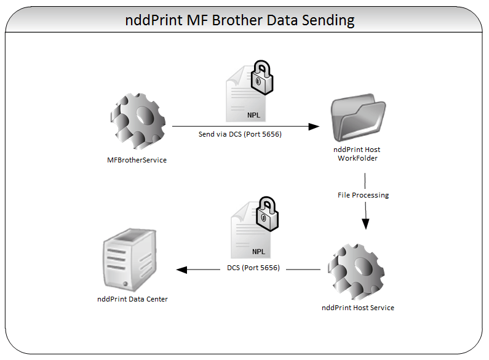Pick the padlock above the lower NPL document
coord(266,212)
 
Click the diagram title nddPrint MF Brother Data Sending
coord(240,20)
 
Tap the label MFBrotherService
coord(137,160)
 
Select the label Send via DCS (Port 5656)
coord(240,134)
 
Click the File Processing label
coord(363,195)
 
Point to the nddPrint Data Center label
coord(132,299)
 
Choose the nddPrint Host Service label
coord(358,308)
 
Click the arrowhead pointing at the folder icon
coord(314,126)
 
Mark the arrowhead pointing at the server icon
coord(181,270)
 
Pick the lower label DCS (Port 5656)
coord(253,268)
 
